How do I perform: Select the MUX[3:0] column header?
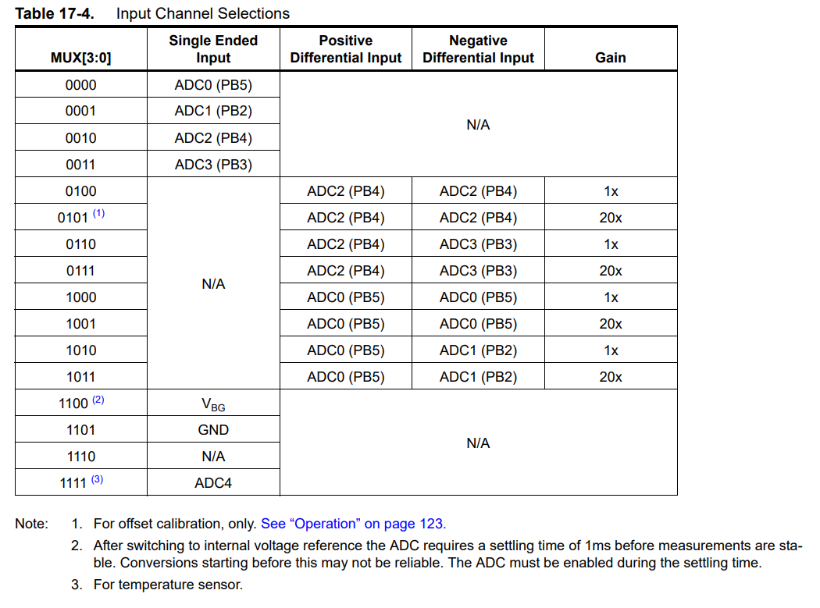80,58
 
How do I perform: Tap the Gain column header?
610,57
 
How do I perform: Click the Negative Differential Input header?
478,49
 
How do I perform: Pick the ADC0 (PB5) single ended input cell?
213,85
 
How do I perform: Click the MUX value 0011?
80,165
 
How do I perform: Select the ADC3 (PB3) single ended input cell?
213,165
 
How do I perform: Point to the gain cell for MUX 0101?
610,218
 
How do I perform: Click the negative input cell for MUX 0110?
478,244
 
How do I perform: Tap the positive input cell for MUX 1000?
345,297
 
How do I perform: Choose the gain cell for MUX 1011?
610,377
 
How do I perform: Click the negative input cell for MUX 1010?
478,350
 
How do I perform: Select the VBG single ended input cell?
213,404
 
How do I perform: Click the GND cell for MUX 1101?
213,430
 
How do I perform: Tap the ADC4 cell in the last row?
213,483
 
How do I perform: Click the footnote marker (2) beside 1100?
98,400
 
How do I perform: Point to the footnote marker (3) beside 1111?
97,479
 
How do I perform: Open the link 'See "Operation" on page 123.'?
353,524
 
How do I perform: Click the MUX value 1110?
80,457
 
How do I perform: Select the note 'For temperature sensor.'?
168,585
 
